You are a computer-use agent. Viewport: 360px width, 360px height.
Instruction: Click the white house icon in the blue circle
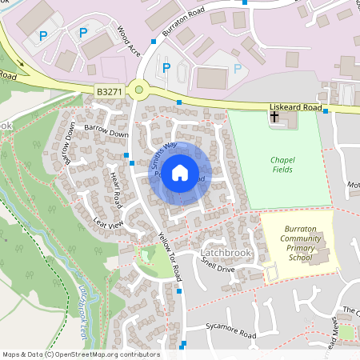point(180,172)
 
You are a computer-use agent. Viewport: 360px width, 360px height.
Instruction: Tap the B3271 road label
point(110,93)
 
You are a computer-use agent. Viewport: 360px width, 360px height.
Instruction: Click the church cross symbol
point(274,118)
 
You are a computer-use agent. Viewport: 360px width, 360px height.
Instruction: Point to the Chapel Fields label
point(282,165)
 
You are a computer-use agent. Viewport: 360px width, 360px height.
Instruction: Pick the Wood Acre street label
point(129,39)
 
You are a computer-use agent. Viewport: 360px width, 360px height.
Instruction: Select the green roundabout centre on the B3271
point(139,91)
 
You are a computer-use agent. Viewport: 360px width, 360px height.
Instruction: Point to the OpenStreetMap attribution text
point(81,354)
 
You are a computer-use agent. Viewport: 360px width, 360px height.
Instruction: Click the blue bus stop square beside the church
point(326,111)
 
